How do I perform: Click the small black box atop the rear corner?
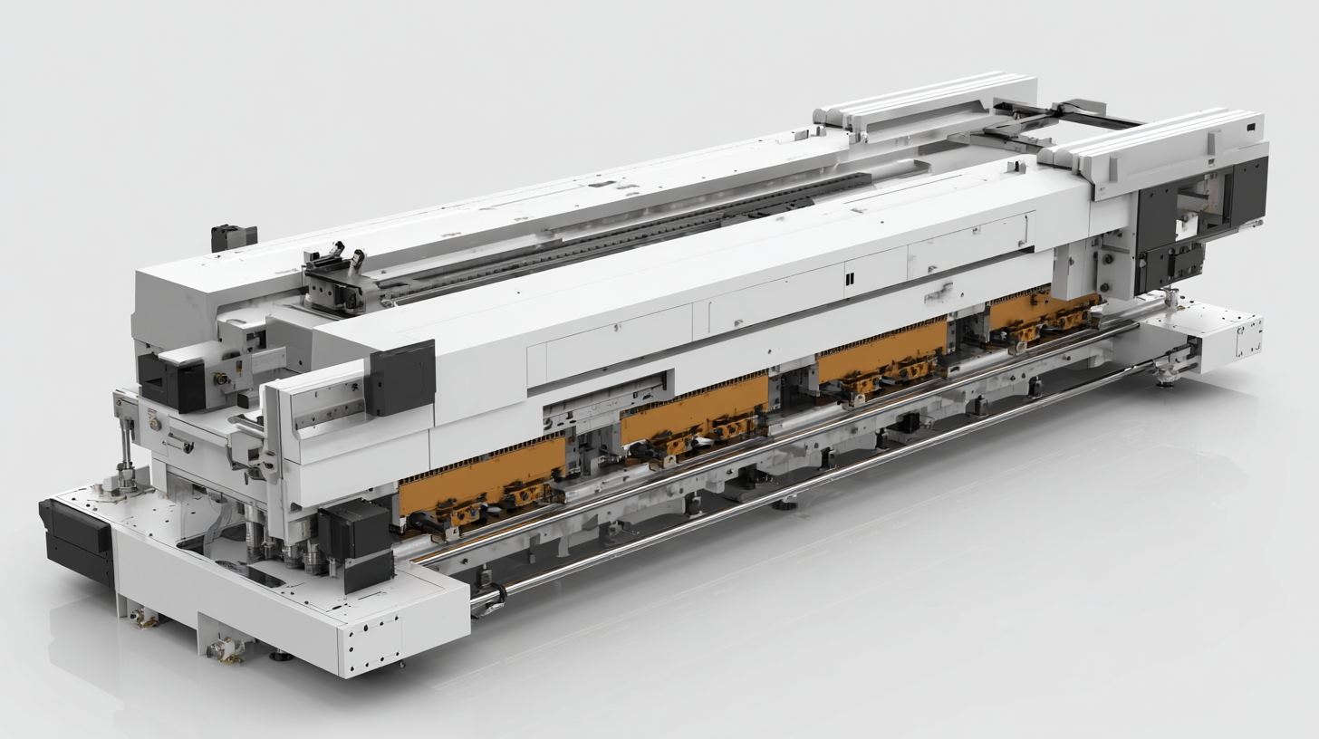234,237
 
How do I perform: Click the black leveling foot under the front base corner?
281,655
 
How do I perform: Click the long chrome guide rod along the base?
797,489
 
